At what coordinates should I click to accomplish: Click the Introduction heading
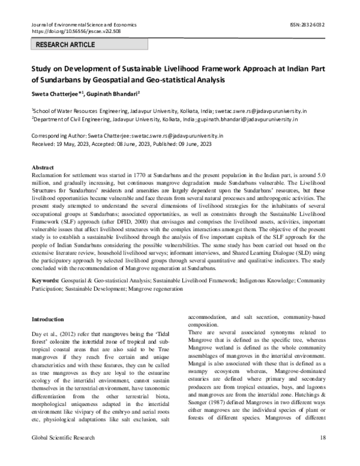pyautogui.click(x=48, y=319)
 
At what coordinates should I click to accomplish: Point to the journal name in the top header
pyautogui.click(x=83, y=25)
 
